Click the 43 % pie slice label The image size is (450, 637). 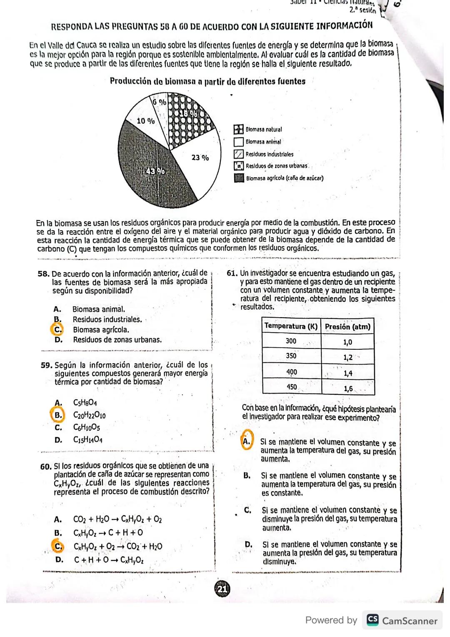(x=154, y=172)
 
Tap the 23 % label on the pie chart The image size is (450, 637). (x=200, y=158)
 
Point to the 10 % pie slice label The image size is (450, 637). (x=146, y=121)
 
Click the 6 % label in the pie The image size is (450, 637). (x=159, y=101)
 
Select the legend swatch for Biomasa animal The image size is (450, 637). (x=238, y=142)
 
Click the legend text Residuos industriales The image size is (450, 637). (x=269, y=154)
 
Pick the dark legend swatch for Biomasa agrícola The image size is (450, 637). (x=239, y=178)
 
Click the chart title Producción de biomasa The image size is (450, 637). (x=207, y=81)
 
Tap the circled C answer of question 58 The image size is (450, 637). (x=56, y=329)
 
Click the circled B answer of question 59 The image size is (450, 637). (x=58, y=415)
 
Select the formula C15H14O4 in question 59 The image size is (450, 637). (x=88, y=439)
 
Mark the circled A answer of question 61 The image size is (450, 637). (x=247, y=441)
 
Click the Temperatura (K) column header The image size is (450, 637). (x=291, y=326)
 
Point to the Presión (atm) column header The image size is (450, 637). (x=347, y=327)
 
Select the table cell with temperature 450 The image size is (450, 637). (x=291, y=387)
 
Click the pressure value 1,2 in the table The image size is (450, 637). (x=347, y=357)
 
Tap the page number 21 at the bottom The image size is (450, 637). (x=222, y=589)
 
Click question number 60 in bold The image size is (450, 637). (x=45, y=466)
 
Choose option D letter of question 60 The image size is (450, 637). (x=59, y=560)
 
